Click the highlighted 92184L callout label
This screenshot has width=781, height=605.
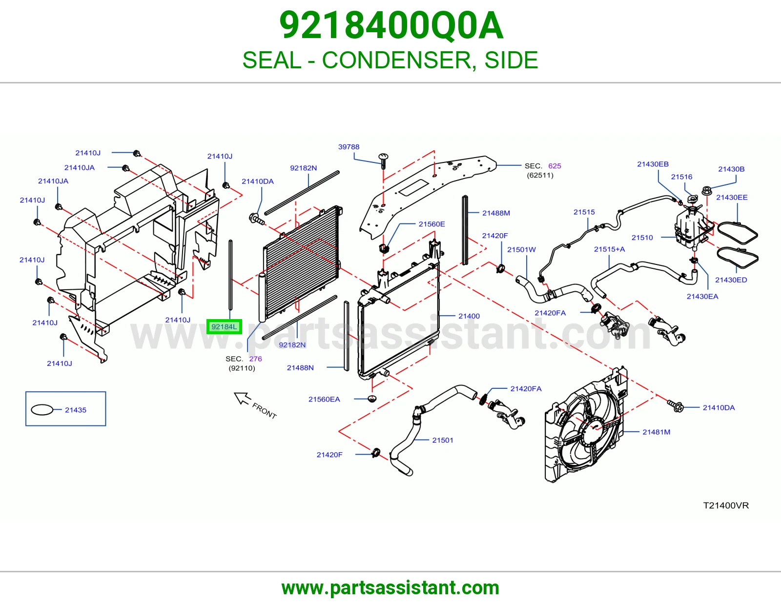click(224, 326)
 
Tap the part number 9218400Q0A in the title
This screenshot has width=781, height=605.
click(391, 25)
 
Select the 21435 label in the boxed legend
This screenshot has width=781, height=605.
click(76, 410)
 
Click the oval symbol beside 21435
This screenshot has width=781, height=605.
click(42, 409)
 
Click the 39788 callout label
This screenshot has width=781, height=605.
click(349, 146)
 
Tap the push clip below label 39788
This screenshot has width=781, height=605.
click(383, 161)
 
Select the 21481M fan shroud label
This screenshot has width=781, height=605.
click(657, 432)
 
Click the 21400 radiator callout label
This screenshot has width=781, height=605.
click(469, 316)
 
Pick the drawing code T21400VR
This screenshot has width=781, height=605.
click(726, 505)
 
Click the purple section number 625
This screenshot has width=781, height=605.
click(555, 165)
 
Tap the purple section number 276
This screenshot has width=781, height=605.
click(256, 359)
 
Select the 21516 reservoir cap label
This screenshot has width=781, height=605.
click(681, 177)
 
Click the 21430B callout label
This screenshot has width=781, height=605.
click(731, 169)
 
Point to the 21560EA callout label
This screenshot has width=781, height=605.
click(324, 399)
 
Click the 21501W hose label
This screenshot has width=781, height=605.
click(521, 249)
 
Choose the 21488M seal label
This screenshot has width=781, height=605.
click(496, 213)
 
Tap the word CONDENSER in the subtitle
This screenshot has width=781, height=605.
click(396, 60)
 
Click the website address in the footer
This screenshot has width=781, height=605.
click(390, 588)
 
